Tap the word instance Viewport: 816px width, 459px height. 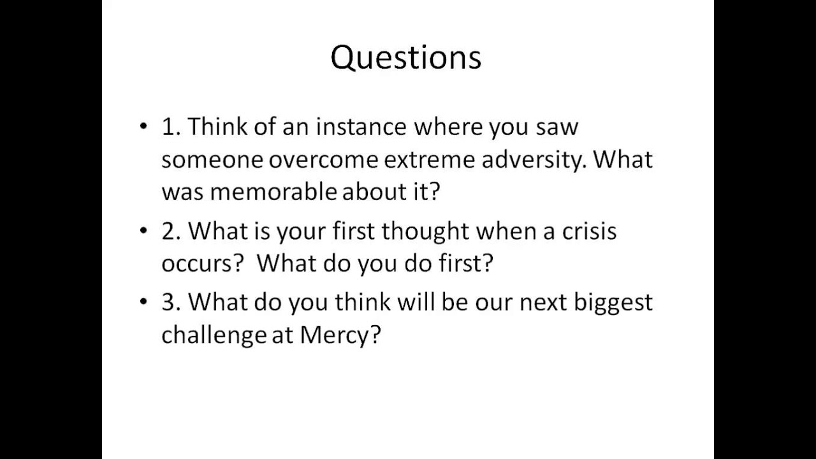361,127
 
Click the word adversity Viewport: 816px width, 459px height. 533,159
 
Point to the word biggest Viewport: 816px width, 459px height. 613,302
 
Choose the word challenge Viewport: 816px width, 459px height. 214,335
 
